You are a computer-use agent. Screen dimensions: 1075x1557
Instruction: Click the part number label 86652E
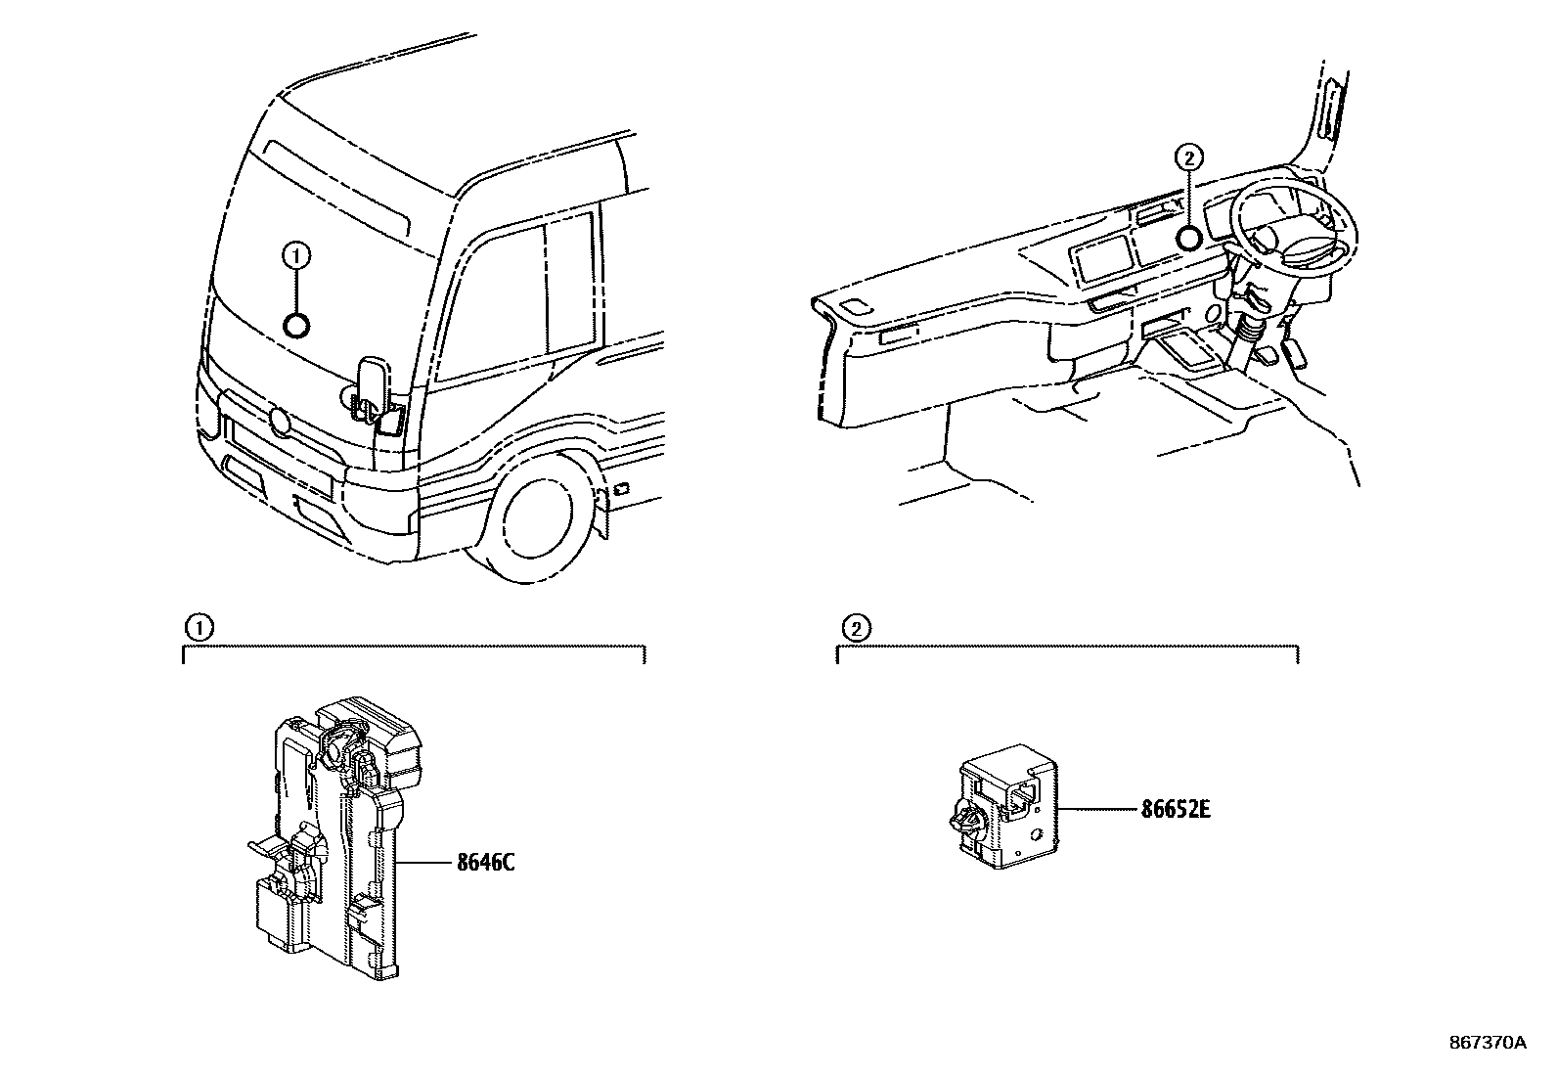(x=1176, y=810)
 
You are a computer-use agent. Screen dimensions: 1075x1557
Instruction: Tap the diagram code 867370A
(x=1488, y=1043)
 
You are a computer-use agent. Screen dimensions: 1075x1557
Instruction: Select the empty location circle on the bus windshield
(x=296, y=325)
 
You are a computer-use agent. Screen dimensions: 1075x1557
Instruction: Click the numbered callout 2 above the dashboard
(x=1187, y=157)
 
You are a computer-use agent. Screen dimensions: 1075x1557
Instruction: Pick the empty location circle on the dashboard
(x=1188, y=238)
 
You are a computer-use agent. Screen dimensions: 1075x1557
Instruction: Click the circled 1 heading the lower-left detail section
(x=199, y=628)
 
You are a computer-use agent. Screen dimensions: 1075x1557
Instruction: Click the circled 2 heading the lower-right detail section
(x=855, y=628)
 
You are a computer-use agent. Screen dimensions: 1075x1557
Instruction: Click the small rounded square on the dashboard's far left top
(x=853, y=307)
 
